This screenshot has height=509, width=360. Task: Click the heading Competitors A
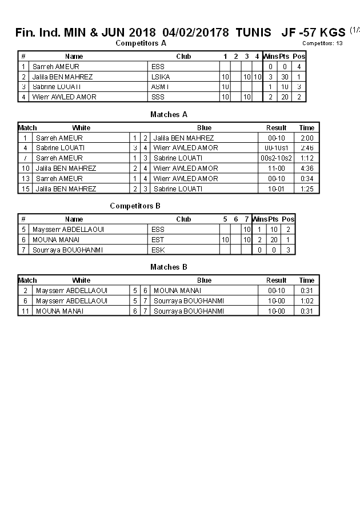coord(141,43)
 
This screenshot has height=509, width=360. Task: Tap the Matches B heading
coord(169,267)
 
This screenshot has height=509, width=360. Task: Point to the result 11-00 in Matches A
coord(276,169)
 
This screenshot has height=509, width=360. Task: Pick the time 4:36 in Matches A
coord(307,169)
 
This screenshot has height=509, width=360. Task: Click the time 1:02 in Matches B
coord(307,301)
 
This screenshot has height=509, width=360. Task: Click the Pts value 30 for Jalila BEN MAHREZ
coord(285,77)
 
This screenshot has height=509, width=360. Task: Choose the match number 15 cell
coord(25,189)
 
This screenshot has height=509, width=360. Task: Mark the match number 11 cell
coord(25,311)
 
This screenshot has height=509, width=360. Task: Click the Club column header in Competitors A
coord(183,57)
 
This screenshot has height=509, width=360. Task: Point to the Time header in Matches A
coord(307,128)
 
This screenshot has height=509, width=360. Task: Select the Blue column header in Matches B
coord(204,280)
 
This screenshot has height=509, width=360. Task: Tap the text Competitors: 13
coord(322,43)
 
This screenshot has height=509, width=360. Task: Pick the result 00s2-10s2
coord(276,158)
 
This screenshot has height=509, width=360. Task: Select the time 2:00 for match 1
coord(307,138)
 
